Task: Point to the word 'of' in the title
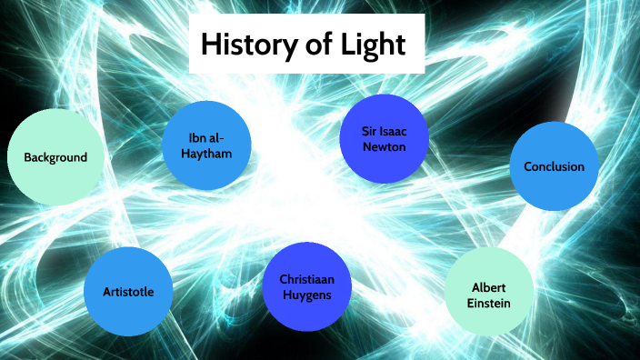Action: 315,44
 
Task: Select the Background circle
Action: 54,157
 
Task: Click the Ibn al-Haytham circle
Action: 206,145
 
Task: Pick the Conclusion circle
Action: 554,167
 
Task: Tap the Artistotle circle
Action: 128,292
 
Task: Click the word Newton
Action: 384,146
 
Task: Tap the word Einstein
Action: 488,302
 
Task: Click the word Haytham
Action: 206,154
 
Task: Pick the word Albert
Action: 488,286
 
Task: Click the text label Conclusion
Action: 554,167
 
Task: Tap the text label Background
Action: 55,157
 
